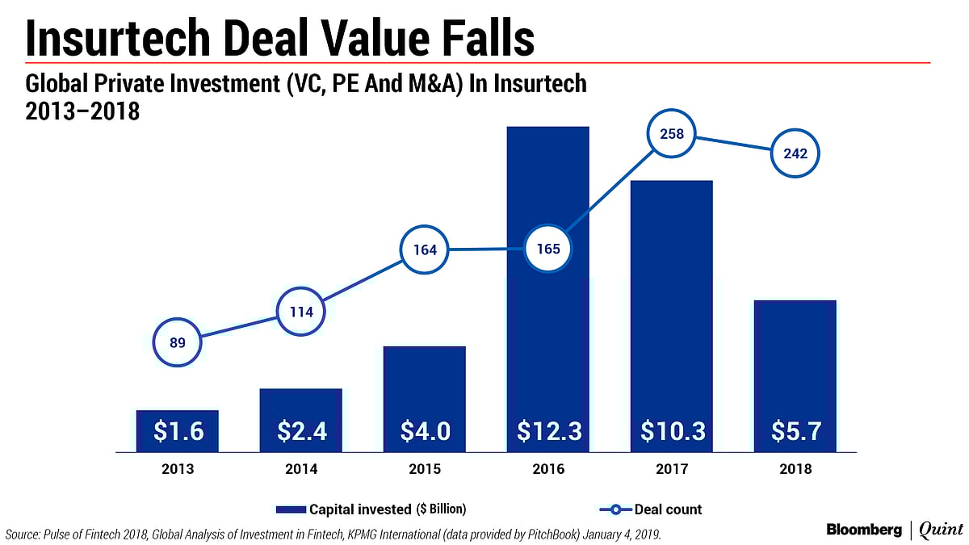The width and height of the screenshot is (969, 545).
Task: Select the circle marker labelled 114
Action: [301, 311]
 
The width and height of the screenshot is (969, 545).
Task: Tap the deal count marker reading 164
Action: [426, 249]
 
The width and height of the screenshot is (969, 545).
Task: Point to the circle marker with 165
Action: [548, 249]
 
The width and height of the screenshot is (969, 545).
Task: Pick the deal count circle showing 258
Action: [673, 134]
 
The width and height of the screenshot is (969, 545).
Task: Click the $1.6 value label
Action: [178, 431]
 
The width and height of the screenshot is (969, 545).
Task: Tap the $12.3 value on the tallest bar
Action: [548, 431]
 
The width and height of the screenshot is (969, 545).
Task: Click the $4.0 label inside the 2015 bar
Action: [426, 431]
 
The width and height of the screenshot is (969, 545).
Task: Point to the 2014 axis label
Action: [301, 469]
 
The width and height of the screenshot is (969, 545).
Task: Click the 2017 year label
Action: [672, 469]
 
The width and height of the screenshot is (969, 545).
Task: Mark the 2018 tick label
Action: [795, 469]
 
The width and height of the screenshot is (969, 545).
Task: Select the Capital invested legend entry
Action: [371, 509]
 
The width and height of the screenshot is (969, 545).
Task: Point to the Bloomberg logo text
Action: [864, 530]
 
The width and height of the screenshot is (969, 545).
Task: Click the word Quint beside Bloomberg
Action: [941, 530]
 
